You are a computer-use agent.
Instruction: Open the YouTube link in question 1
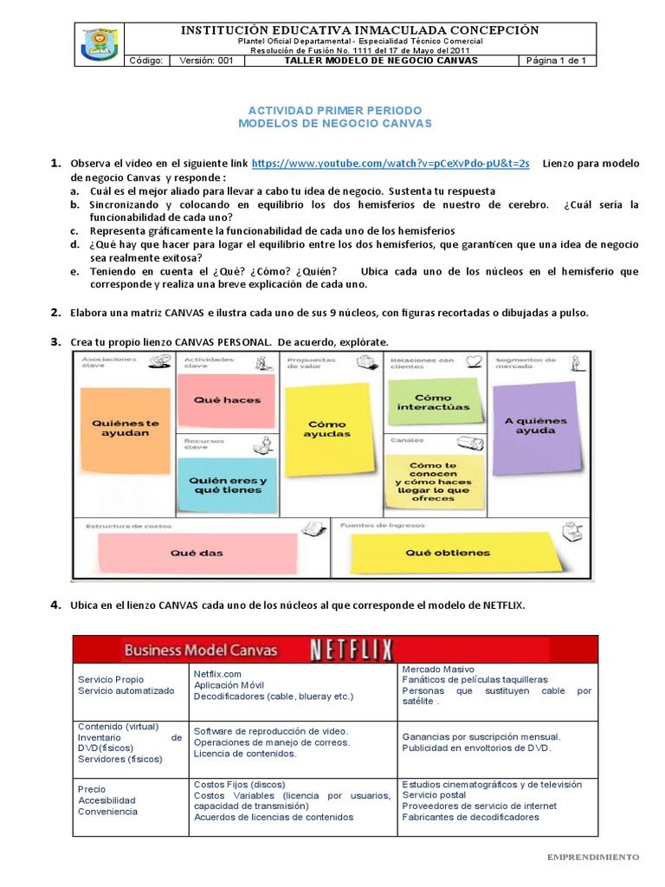(x=390, y=164)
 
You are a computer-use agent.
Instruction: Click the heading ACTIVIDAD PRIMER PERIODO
(x=334, y=111)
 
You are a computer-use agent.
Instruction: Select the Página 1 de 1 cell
(x=557, y=62)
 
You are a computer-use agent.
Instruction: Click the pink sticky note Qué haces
(x=228, y=400)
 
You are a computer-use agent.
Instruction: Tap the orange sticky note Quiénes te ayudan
(x=126, y=428)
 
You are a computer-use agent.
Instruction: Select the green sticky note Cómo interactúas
(x=433, y=400)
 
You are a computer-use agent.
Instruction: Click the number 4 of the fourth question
(x=55, y=605)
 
